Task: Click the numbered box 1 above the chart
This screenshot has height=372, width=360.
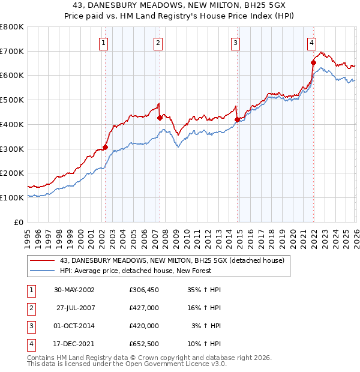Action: point(104,43)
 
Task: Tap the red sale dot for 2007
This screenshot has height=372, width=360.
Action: point(160,118)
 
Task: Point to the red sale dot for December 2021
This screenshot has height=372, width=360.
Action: point(314,62)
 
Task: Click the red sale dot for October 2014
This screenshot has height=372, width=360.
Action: point(237,120)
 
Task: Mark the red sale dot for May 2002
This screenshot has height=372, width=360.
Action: point(105,147)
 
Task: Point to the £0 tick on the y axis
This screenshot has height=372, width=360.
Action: point(19,222)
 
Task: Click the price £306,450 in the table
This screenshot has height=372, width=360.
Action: point(144,289)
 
